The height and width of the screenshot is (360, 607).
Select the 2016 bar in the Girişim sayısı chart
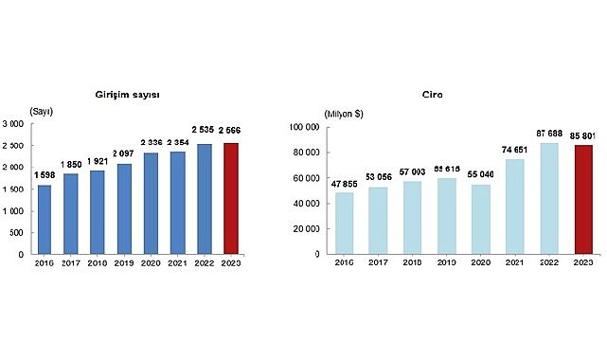pyautogui.click(x=45, y=219)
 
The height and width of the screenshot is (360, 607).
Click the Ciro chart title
pyautogui.click(x=433, y=96)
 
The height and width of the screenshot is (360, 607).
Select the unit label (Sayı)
pyautogui.click(x=42, y=113)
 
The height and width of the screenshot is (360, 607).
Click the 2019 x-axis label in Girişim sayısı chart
pyautogui.click(x=124, y=265)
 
